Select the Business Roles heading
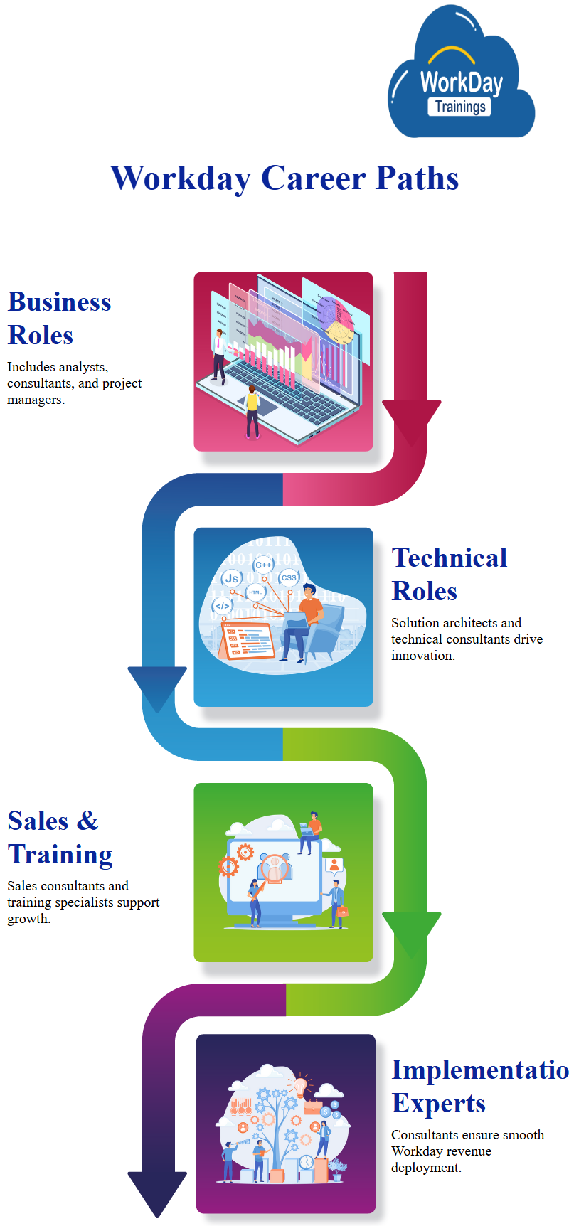[x=59, y=318]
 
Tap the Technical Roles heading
[x=449, y=574]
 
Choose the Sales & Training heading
[x=60, y=837]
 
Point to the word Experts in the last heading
[x=438, y=1103]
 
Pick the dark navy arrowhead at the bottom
[x=157, y=1191]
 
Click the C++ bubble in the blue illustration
[x=263, y=565]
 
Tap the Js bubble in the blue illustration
[x=232, y=578]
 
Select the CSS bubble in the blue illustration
[x=289, y=577]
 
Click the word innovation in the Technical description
[x=422, y=656]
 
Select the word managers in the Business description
[x=36, y=400]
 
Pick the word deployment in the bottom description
[x=426, y=1168]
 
